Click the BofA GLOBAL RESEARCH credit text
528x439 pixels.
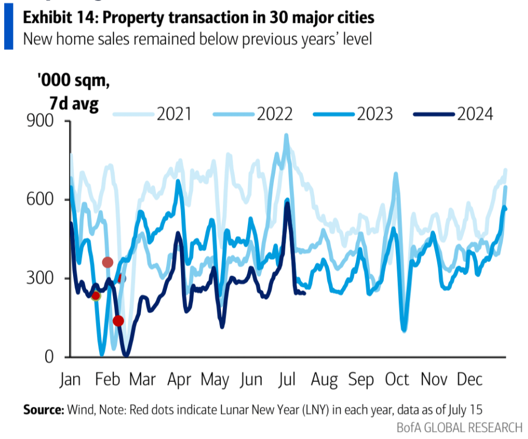coord(459,427)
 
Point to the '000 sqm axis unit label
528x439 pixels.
coord(73,81)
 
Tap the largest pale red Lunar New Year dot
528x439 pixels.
coord(107,262)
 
